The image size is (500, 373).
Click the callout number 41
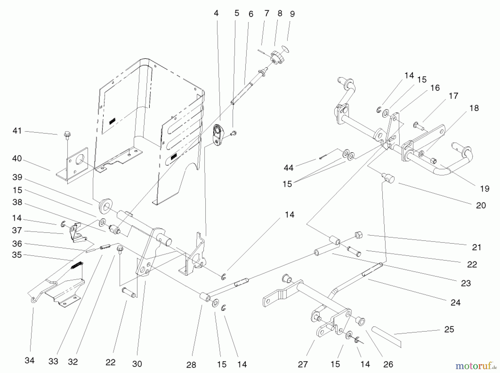tap(17, 131)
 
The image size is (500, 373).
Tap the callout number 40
tap(17, 158)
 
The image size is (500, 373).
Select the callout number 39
tap(17, 177)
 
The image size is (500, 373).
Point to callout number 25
tap(449, 329)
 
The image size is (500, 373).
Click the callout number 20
tap(481, 205)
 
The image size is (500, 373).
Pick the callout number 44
tap(289, 168)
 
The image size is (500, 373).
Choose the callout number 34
tap(29, 360)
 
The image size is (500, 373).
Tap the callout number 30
tap(137, 364)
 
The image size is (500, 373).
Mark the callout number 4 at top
tap(216, 13)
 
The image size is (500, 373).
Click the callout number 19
tap(484, 189)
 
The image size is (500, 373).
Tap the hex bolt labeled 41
tap(67, 135)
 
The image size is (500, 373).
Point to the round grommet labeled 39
tap(106, 206)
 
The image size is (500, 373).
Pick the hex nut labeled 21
tap(359, 235)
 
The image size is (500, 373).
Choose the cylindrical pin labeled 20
tap(387, 178)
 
